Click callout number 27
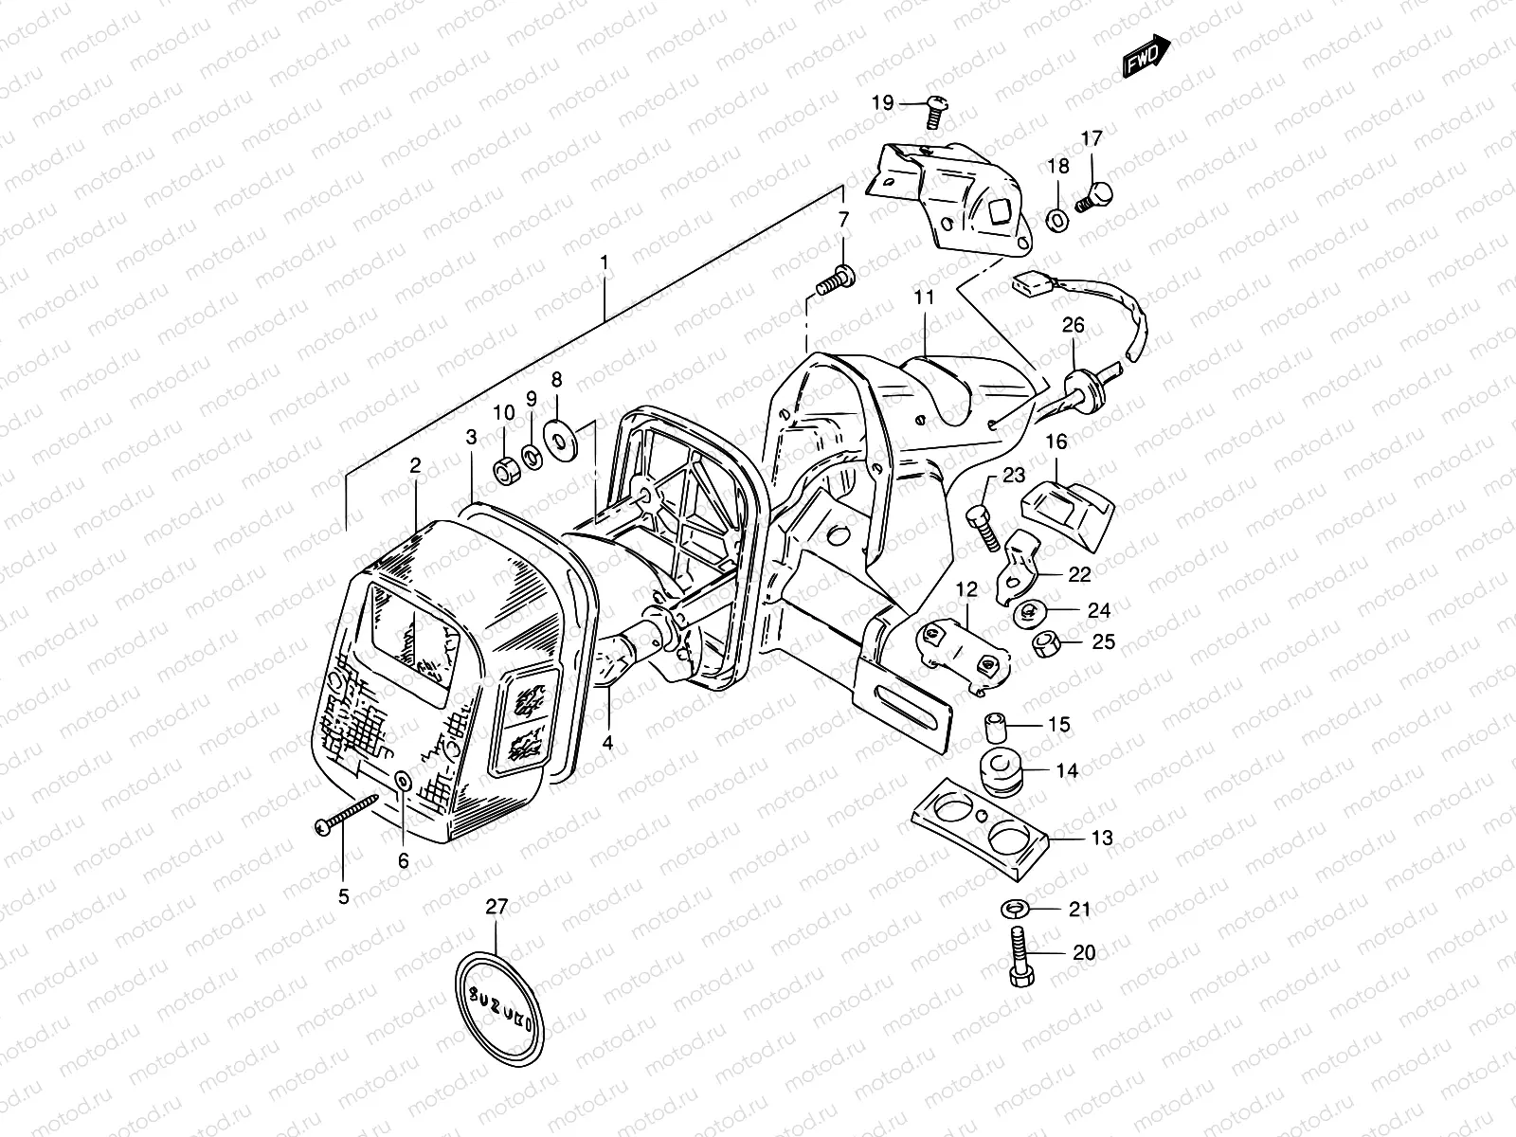497,907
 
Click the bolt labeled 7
834,280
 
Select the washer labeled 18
1057,220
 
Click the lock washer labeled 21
1014,910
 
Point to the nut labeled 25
1046,645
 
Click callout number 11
924,297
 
